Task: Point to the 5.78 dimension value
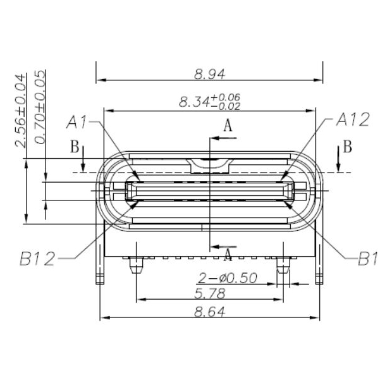click(x=209, y=293)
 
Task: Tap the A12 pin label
click(x=352, y=119)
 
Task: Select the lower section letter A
click(x=228, y=254)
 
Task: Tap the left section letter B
click(x=74, y=148)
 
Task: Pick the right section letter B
click(x=348, y=148)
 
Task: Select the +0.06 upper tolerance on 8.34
click(x=230, y=97)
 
